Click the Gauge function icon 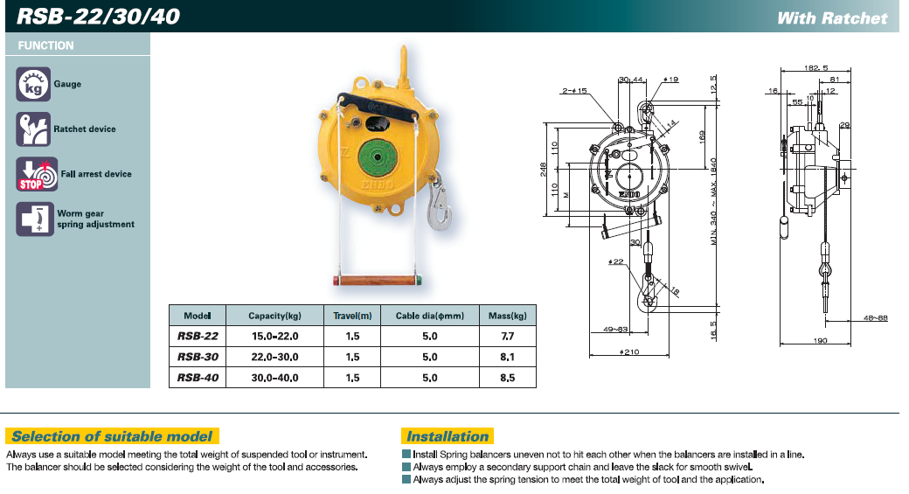[33, 84]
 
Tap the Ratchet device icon [33, 129]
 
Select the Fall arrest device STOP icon [37, 174]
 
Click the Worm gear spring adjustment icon [35, 219]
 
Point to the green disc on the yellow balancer [378, 157]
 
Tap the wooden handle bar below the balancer [378, 281]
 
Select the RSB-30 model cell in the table [198, 357]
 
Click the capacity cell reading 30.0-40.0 [274, 378]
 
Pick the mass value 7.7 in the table [507, 337]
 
